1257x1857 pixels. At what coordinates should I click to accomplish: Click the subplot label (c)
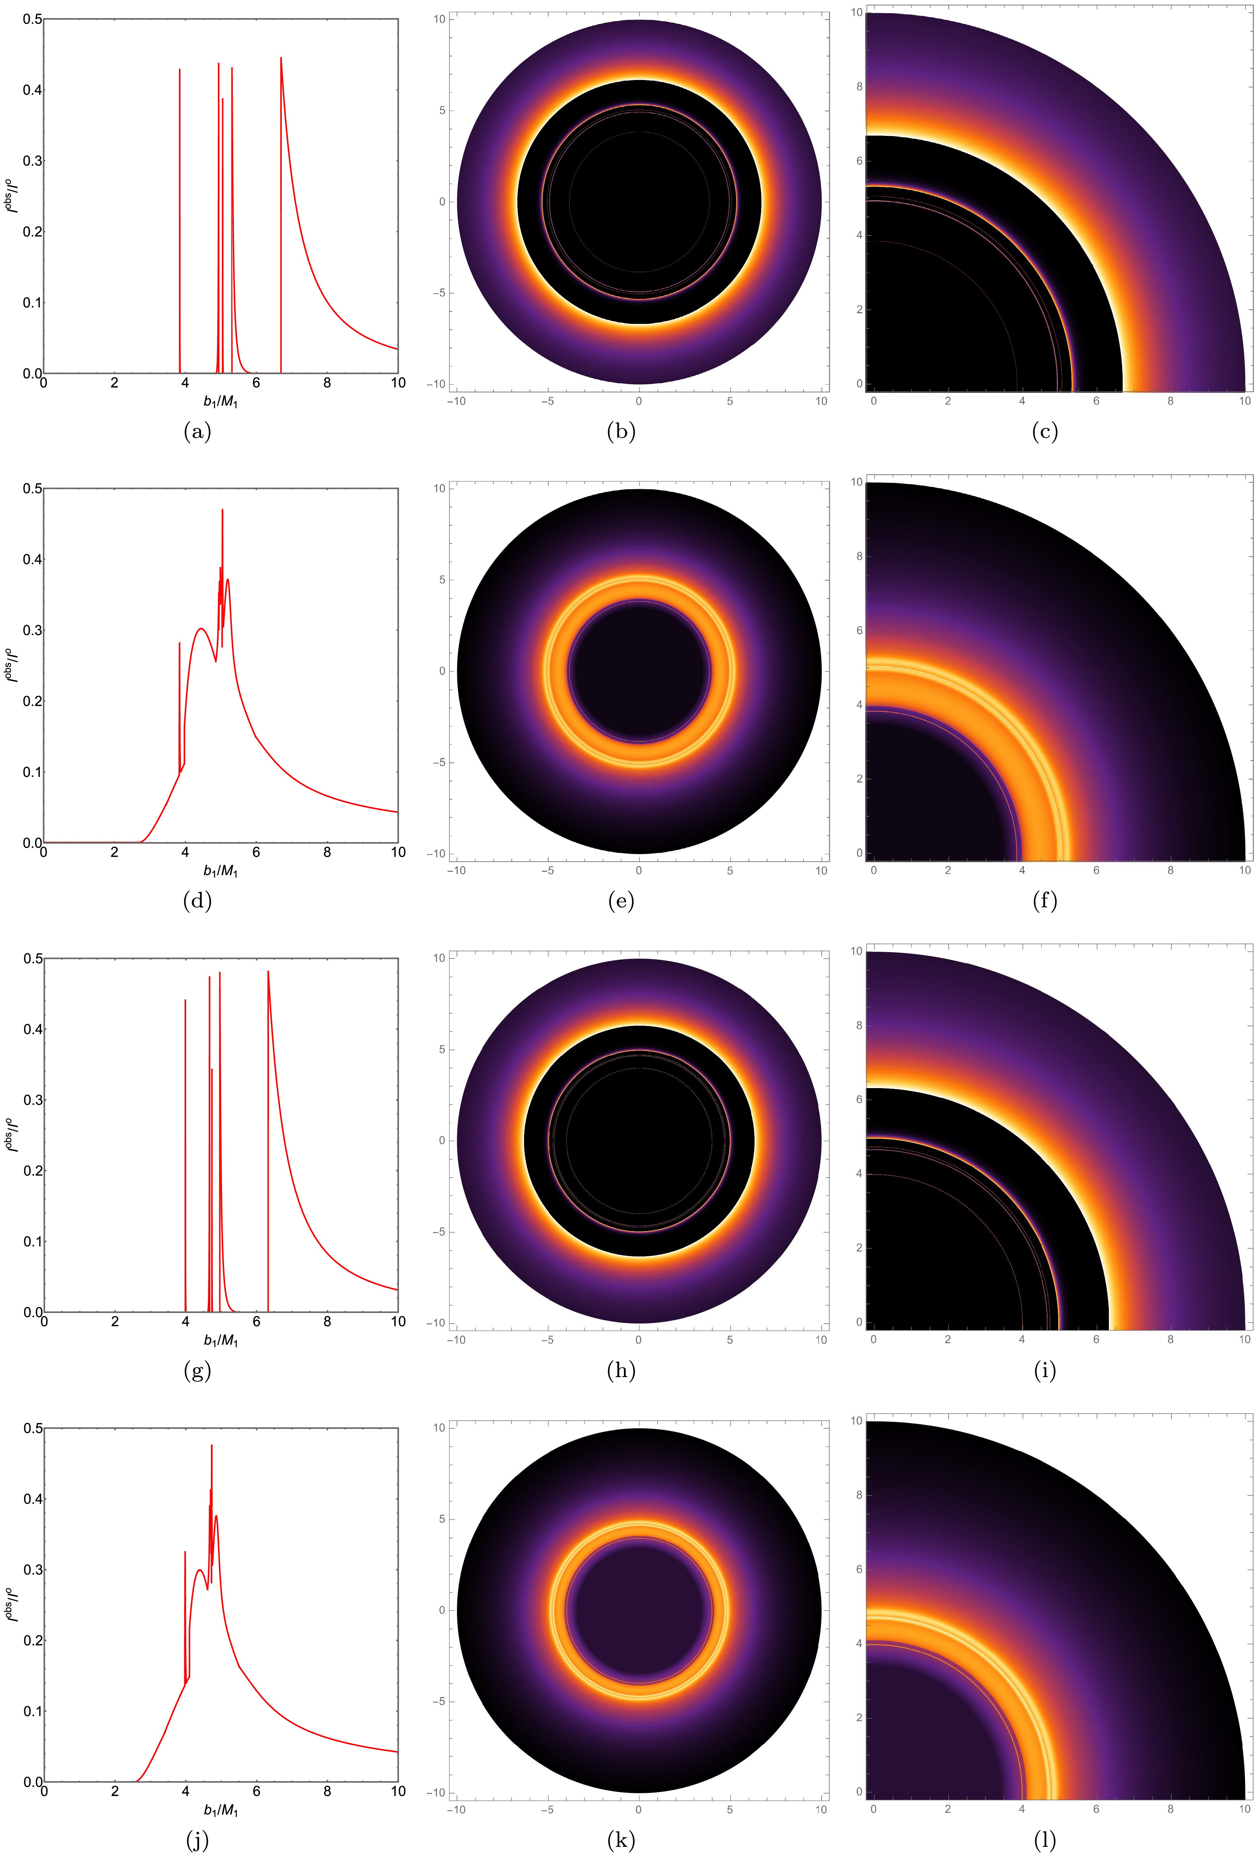point(1044,432)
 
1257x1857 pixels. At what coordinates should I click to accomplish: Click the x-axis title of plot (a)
point(221,402)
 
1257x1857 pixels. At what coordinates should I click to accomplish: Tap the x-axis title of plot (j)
point(221,1810)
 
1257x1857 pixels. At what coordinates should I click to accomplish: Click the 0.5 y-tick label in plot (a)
point(32,19)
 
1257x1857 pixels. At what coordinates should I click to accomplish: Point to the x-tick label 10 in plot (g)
point(397,1322)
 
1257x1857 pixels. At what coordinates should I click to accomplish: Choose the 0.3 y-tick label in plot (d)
point(32,631)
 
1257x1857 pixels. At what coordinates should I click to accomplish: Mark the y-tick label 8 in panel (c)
point(859,86)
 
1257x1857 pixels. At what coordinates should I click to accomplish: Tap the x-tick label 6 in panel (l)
point(1096,1809)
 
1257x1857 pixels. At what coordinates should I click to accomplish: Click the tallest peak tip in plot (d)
point(222,510)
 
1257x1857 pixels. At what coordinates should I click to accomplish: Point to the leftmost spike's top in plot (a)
point(180,70)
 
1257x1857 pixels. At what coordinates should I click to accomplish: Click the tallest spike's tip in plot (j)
point(212,1445)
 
